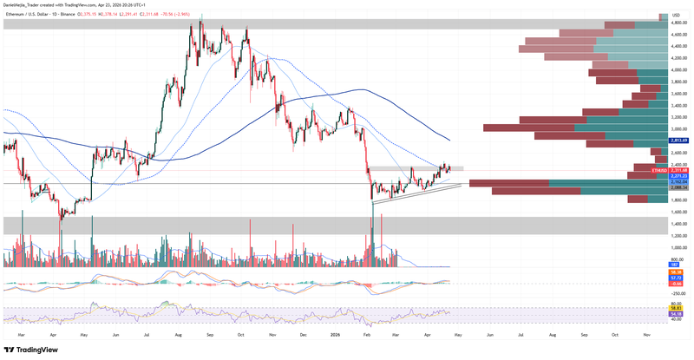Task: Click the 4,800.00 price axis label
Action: pos(679,23)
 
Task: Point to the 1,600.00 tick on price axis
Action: pos(679,212)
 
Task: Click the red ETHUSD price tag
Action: pos(679,171)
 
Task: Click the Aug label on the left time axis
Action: pos(177,332)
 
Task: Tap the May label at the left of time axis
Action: pos(83,332)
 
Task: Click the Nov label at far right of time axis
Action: pos(647,332)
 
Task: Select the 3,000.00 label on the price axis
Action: pos(679,129)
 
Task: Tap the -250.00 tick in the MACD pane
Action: pos(679,293)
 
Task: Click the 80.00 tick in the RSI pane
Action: pos(679,304)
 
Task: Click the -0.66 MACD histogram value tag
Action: pos(679,284)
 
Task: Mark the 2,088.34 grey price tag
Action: pos(679,188)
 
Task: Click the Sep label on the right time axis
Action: pos(584,332)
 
